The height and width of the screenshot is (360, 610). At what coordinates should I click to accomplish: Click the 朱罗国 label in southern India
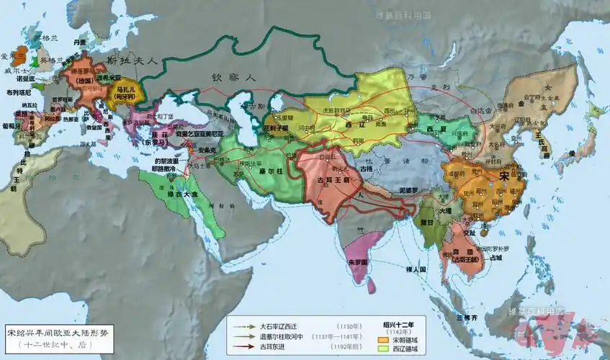click(x=357, y=261)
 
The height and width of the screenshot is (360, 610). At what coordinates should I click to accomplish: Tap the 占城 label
click(x=495, y=257)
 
